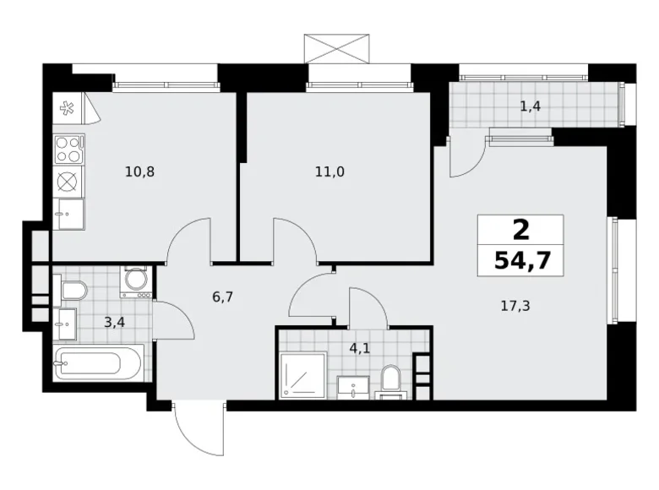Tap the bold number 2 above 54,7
coord(520,229)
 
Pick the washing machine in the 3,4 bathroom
coord(136,281)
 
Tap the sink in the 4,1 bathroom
coord(351,387)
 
